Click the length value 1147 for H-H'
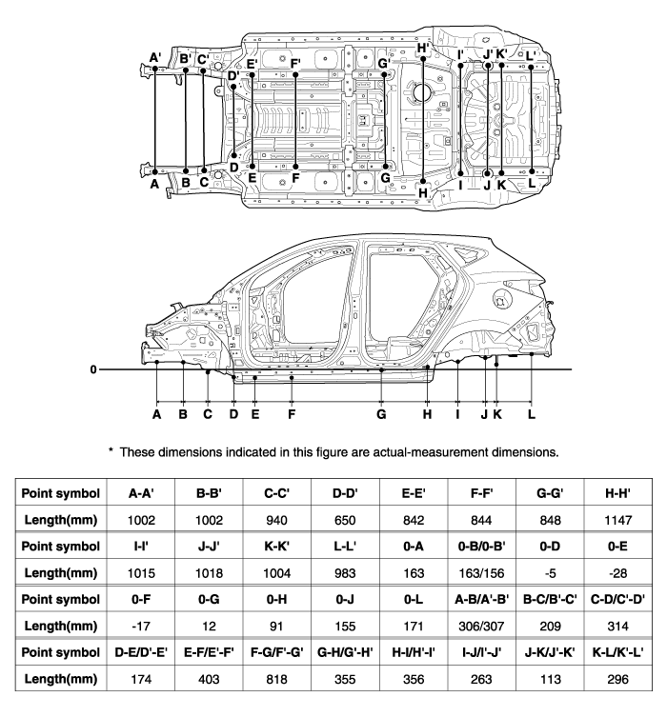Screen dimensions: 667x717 pos(617,520)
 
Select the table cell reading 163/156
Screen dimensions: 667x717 pos(481,573)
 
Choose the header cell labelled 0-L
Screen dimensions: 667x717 pos(414,599)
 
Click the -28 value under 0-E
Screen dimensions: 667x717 pos(617,573)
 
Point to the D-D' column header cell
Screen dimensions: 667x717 pos(345,493)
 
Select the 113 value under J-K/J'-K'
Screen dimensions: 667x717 pos(550,679)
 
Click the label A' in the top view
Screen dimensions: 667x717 pos(155,58)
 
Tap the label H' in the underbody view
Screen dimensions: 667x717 pos(423,48)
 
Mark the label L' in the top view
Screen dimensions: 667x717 pos(530,56)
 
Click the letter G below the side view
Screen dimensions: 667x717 pos(381,414)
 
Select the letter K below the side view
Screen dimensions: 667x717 pos(497,414)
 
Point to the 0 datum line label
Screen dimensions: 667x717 pos(93,369)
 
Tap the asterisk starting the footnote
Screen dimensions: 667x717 pos(111,450)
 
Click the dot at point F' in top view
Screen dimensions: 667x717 pos(295,74)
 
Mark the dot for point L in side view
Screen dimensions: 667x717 pos(532,354)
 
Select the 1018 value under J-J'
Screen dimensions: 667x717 pos(209,573)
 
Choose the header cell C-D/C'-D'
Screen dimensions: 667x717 pos(617,599)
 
